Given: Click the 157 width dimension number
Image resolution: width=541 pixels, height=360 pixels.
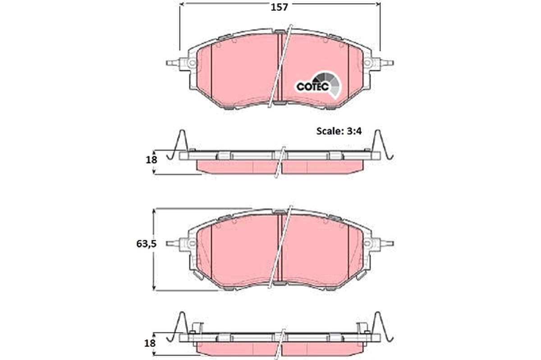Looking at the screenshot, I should point(280,7).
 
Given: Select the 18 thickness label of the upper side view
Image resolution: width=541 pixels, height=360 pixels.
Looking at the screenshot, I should point(151,159).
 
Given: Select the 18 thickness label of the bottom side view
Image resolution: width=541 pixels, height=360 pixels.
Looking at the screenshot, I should point(151,343).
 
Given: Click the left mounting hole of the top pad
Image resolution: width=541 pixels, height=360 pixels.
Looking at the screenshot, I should point(192,63).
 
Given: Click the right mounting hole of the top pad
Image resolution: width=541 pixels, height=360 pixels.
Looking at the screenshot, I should point(368,63).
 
